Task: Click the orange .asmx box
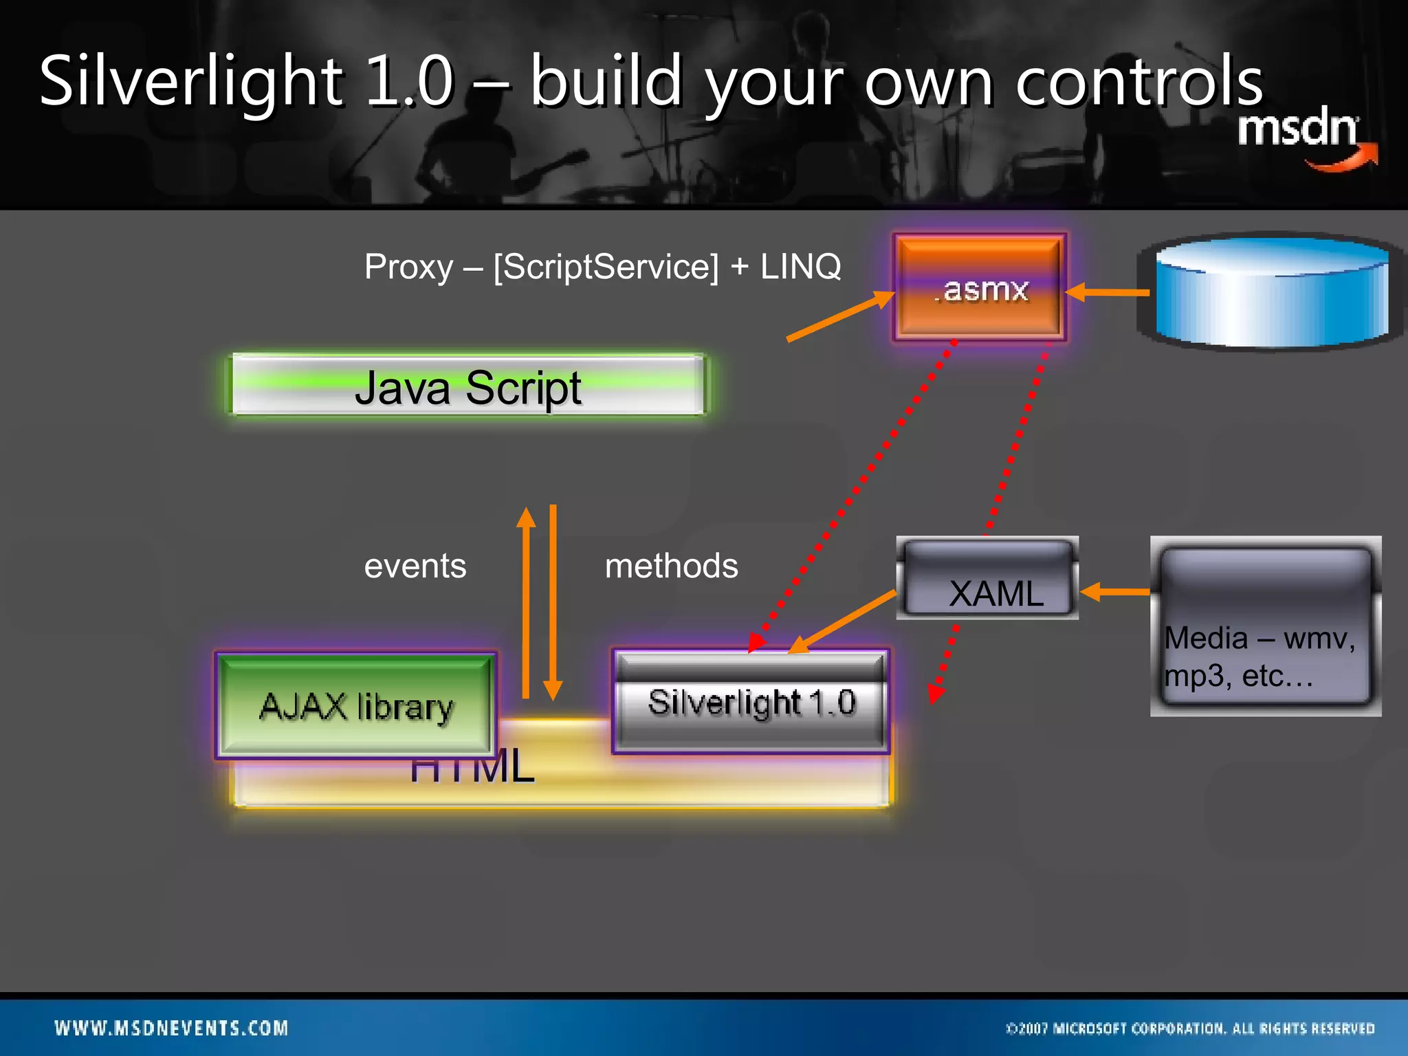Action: pos(980,287)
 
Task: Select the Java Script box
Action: pos(467,386)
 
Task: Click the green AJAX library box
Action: pos(356,705)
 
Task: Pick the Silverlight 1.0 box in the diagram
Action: pos(751,702)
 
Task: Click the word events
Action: pos(415,566)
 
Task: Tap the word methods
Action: pos(671,566)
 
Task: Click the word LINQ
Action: pos(800,267)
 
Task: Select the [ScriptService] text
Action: pos(606,267)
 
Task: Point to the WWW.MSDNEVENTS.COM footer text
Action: pos(171,1028)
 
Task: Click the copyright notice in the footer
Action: pos(1189,1028)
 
